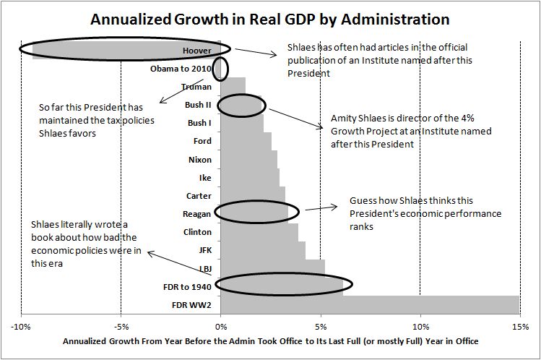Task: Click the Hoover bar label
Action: point(197,51)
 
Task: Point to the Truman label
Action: point(196,87)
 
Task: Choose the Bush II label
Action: point(198,105)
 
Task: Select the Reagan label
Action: point(197,213)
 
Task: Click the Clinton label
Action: point(197,232)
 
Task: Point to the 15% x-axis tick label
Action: point(519,325)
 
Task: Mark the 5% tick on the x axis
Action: point(320,325)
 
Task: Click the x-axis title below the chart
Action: point(270,340)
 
